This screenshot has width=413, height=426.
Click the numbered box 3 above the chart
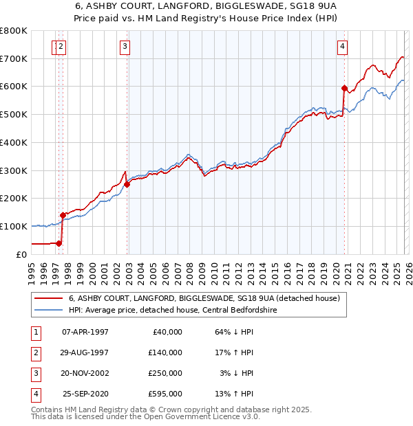coord(125,47)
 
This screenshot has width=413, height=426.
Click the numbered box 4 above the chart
coord(342,47)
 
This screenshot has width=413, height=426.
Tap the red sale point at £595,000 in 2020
coord(344,88)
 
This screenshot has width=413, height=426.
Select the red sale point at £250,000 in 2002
coord(127,184)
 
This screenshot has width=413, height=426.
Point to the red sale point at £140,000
coord(63,214)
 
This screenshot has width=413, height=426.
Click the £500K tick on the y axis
coord(14,114)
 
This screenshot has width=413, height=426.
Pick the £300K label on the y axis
coord(14,170)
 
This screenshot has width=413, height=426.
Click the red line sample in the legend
coord(49,299)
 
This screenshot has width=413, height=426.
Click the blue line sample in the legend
coord(49,311)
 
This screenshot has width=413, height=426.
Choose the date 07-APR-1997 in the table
coord(85,332)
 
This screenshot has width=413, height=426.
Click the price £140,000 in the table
coord(166,352)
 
